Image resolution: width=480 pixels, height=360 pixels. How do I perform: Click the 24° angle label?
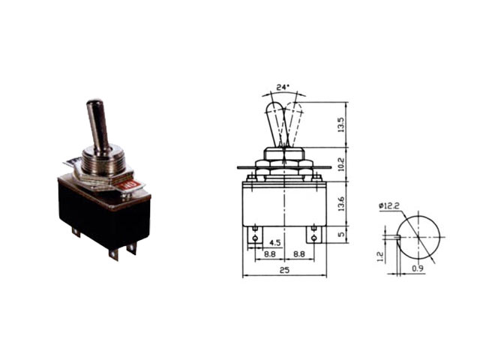pyautogui.click(x=283, y=87)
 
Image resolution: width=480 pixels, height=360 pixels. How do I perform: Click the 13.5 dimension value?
pyautogui.click(x=341, y=125)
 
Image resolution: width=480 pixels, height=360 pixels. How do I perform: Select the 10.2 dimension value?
pyautogui.click(x=341, y=164)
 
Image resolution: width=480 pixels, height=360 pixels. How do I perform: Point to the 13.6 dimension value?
pyautogui.click(x=341, y=204)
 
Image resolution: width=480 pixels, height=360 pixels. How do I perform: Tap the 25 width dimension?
pyautogui.click(x=284, y=270)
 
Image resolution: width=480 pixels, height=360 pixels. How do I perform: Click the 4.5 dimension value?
pyautogui.click(x=274, y=243)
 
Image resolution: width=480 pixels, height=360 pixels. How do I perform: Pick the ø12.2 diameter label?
pyautogui.click(x=389, y=206)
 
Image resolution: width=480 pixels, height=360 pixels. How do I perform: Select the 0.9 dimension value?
pyautogui.click(x=418, y=268)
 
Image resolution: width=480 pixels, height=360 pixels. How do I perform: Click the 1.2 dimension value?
pyautogui.click(x=379, y=256)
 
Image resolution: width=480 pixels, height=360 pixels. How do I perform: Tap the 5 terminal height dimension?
pyautogui.click(x=341, y=235)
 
